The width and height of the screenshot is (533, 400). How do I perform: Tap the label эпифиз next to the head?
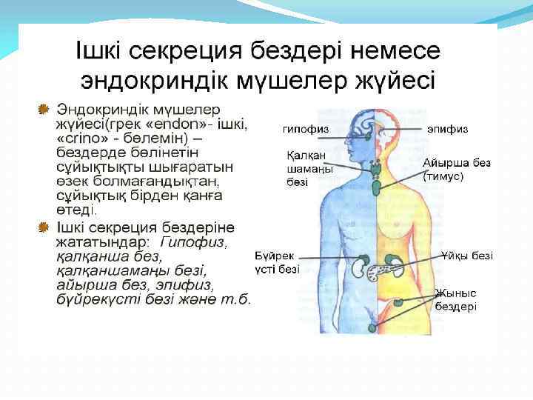(447, 128)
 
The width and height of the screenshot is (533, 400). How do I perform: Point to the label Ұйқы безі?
(466, 256)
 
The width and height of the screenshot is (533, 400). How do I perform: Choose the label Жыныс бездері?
(455, 299)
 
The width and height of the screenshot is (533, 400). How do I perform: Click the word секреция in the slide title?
(194, 51)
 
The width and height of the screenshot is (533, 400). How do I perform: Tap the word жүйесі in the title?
(396, 78)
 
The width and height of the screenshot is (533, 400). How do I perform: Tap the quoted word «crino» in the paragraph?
(81, 138)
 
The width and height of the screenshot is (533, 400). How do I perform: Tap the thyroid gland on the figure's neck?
(377, 168)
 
